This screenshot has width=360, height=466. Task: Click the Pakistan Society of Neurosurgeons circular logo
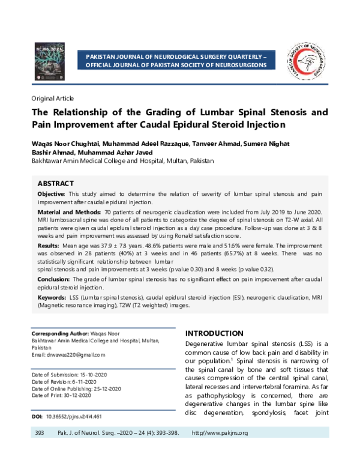tap(306, 61)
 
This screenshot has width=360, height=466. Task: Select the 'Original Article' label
tap(52, 98)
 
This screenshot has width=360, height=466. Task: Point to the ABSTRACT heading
tap(56, 183)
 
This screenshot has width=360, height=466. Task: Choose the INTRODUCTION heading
tap(214, 333)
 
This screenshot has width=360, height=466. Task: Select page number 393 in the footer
tap(40, 433)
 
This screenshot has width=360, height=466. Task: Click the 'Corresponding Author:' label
tap(59, 333)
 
